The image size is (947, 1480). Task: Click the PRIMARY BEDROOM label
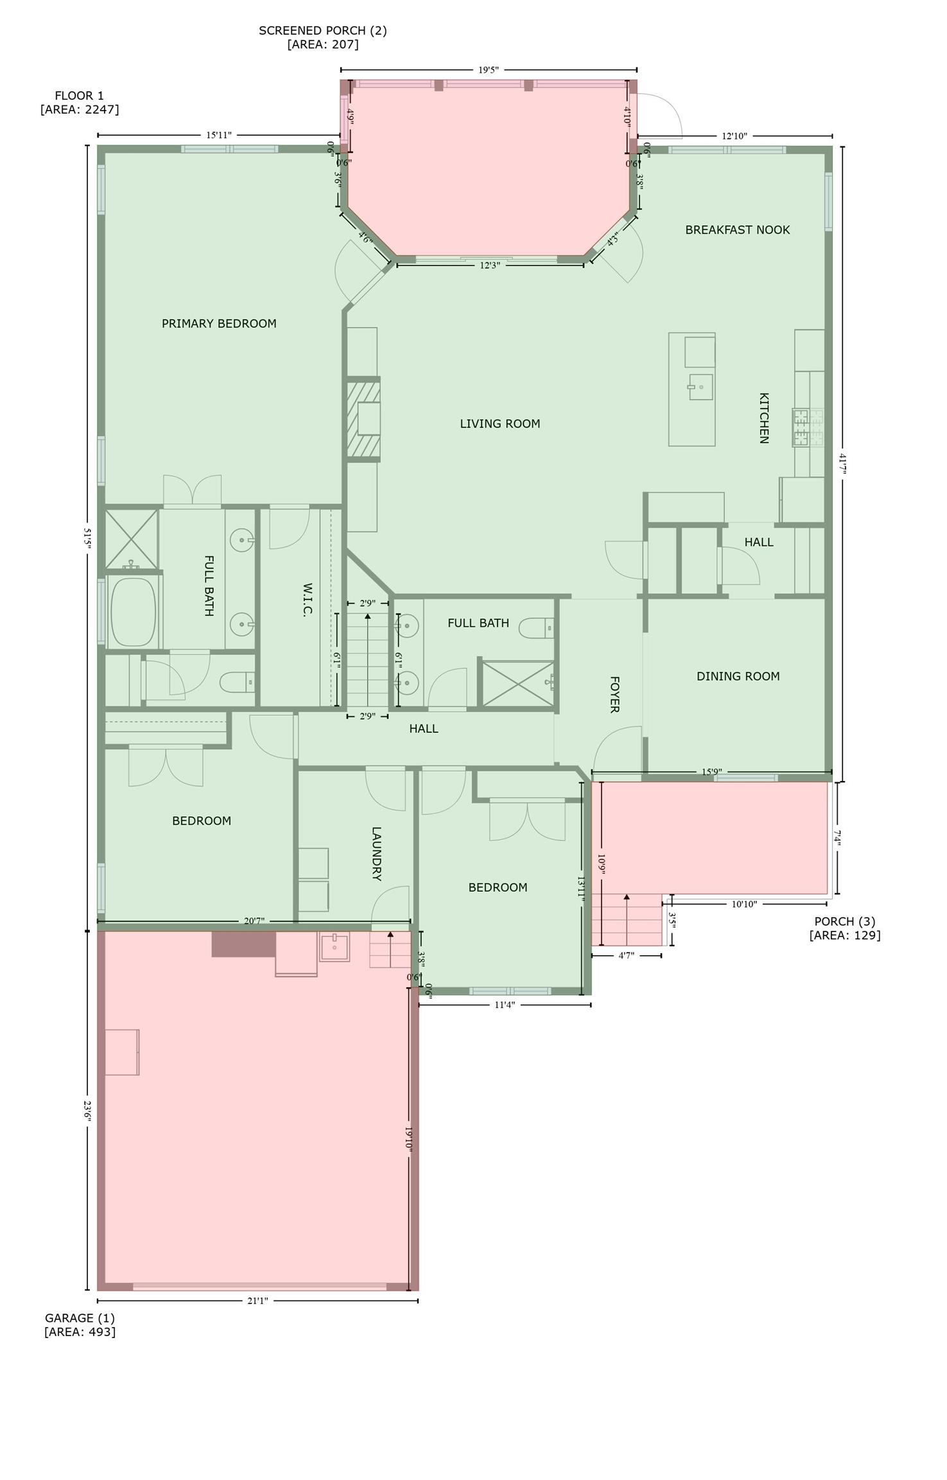click(219, 324)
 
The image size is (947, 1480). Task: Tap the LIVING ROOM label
click(500, 424)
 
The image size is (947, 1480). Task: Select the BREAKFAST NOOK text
click(737, 230)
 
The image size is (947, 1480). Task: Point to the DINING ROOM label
click(738, 676)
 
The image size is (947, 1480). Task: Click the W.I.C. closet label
click(307, 600)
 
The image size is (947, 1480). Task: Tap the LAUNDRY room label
click(377, 854)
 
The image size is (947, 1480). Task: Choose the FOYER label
click(614, 694)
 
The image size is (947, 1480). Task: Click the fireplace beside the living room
click(363, 419)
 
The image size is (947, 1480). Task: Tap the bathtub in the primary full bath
click(134, 612)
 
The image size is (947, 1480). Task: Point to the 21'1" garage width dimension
click(257, 1301)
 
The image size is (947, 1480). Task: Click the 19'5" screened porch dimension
click(488, 70)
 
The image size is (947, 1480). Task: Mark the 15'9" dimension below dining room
click(712, 772)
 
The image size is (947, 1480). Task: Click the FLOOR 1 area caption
click(80, 103)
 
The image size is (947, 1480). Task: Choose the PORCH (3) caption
click(845, 928)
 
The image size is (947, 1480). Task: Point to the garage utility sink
click(334, 947)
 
